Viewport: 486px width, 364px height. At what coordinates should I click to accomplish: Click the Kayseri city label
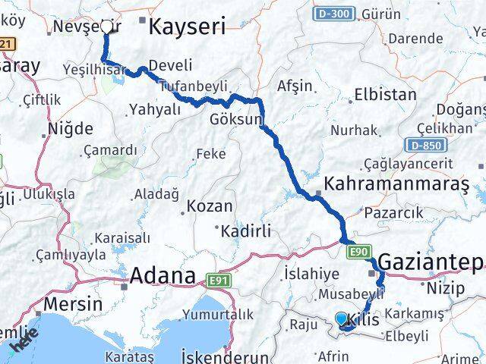coord(188,28)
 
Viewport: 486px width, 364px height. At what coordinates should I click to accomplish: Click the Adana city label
coord(163,275)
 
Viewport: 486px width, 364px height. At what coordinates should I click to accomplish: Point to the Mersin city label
coord(74,304)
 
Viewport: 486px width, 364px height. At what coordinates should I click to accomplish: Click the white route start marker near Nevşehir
coord(106,27)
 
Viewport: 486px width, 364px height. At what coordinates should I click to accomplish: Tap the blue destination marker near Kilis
coord(341,319)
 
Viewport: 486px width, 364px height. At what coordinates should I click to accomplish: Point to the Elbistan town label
coord(385,96)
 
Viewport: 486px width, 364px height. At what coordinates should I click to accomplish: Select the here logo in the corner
coord(24,344)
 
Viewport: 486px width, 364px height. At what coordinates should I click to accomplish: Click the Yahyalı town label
coord(156,108)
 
